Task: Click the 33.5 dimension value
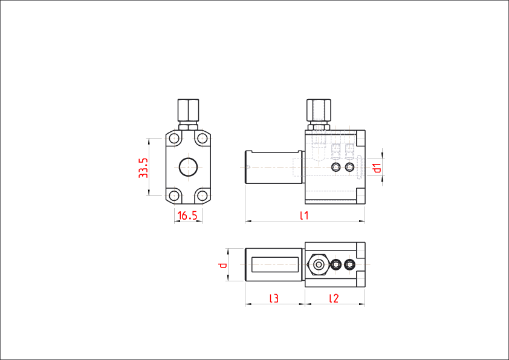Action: (143, 168)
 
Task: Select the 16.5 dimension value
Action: (187, 215)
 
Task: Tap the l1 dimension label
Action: (304, 215)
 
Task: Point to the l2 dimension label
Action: (334, 298)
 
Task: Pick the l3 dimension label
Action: (274, 298)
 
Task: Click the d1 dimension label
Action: (377, 168)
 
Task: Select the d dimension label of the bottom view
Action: (222, 265)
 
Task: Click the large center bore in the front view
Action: (188, 167)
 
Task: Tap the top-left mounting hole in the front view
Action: (174, 139)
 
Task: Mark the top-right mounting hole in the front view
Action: (203, 139)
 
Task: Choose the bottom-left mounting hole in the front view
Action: (174, 195)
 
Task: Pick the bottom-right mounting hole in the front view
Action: (203, 195)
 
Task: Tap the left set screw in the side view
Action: (336, 168)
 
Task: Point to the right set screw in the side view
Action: (349, 168)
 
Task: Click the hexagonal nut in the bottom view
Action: (319, 265)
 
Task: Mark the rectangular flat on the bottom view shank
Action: (275, 264)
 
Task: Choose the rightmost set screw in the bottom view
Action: (349, 265)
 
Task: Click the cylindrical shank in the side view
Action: (274, 167)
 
